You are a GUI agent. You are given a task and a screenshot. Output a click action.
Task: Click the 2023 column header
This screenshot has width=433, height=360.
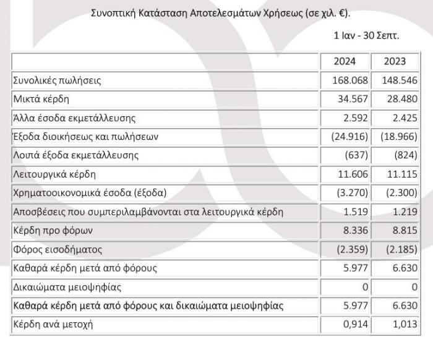[395, 61]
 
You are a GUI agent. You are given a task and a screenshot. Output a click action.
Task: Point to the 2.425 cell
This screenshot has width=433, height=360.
[403, 118]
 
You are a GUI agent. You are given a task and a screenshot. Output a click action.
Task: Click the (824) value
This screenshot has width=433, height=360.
[405, 155]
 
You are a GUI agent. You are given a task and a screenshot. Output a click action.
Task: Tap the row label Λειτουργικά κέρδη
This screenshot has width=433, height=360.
[54, 174]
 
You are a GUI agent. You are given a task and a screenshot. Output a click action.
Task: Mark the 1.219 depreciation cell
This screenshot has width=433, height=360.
[403, 212]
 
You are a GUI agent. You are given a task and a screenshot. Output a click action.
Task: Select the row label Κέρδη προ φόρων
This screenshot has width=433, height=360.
[51, 231]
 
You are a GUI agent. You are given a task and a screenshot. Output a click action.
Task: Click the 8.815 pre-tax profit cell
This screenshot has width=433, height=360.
[403, 231]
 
